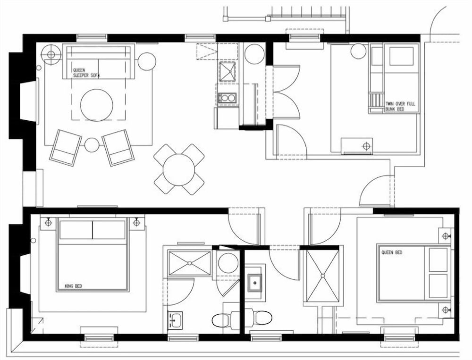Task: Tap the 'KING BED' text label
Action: coord(73,286)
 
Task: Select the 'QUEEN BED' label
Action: coord(392,252)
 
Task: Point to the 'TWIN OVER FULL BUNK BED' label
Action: coord(400,106)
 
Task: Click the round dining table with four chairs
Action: coord(179,169)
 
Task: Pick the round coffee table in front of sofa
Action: coord(97,105)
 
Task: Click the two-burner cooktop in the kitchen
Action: coord(227,98)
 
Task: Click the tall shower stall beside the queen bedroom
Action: coord(322,276)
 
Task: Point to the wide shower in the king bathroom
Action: coord(190,263)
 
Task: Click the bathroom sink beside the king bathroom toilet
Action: coord(175,320)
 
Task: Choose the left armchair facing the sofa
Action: coord(65,147)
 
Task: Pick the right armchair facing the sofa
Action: coord(118,148)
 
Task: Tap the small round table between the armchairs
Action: coord(92,145)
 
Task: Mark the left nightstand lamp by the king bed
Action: coord(48,222)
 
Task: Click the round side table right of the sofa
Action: coord(147,61)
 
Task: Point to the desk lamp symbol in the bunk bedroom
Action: coord(366,146)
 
